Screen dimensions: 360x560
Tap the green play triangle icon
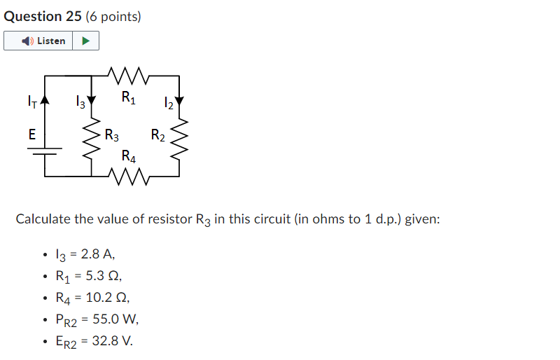[x=85, y=41]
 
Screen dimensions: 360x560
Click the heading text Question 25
[x=43, y=16]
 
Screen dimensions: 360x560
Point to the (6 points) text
[x=113, y=16]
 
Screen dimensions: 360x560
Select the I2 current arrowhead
[x=181, y=103]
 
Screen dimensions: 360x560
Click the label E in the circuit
[x=32, y=134]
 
